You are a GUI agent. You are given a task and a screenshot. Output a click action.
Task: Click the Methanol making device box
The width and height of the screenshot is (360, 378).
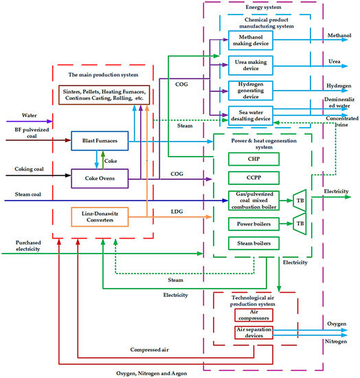pyautogui.click(x=250, y=40)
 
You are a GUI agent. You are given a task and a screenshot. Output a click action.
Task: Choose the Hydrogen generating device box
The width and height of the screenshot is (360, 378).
pyautogui.click(x=250, y=91)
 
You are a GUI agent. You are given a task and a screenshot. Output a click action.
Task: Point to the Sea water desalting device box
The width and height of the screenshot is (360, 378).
pyautogui.click(x=250, y=115)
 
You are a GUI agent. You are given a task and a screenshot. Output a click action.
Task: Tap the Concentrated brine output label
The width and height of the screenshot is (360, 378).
pyautogui.click(x=335, y=122)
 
